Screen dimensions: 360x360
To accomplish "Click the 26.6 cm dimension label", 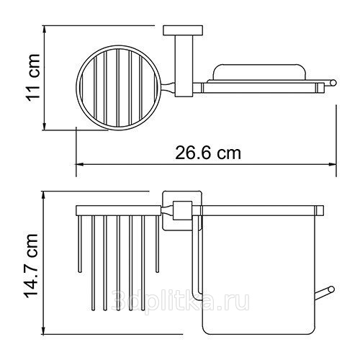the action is click(208, 153).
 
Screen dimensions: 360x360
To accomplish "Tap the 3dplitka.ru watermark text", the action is click(181, 300).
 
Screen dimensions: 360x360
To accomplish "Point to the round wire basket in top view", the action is click(77, 87).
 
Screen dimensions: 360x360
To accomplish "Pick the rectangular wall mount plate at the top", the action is click(183, 30).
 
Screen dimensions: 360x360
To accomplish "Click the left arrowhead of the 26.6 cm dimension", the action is click(79, 164).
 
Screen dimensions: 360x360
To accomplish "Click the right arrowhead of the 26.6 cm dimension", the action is click(333, 164).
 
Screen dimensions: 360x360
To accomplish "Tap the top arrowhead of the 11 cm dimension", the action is click(44, 28).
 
